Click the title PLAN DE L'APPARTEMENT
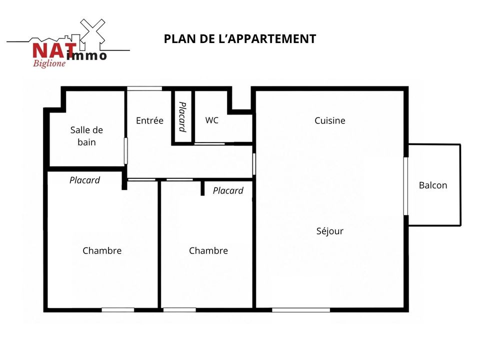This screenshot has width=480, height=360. pos(239,39)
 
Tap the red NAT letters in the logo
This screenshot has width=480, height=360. pos(54,50)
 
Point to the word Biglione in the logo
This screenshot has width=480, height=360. pos(49,63)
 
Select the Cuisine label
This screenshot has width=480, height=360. pos(329,120)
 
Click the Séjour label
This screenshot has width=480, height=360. pos(329,230)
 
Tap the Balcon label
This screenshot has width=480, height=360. pos(433,185)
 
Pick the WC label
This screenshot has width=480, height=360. pos(212,120)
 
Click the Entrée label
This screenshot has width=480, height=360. pos(149,120)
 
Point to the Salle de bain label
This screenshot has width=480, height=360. pos(86,136)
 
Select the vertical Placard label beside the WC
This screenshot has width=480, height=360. pos(183,117)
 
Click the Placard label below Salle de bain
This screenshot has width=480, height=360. pos(84,180)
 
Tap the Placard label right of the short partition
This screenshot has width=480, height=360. pos(228,190)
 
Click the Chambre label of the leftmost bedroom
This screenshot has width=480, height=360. pos(102,250)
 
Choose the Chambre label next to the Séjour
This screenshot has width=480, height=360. pos(208,250)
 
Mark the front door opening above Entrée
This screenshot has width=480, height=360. pos(144,88)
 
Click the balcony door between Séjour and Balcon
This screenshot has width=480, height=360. pos(406,186)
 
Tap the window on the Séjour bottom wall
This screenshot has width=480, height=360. pos(301,310)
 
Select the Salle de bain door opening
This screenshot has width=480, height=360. pos(125,151)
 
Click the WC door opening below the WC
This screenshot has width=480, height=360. pos(209,143)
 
